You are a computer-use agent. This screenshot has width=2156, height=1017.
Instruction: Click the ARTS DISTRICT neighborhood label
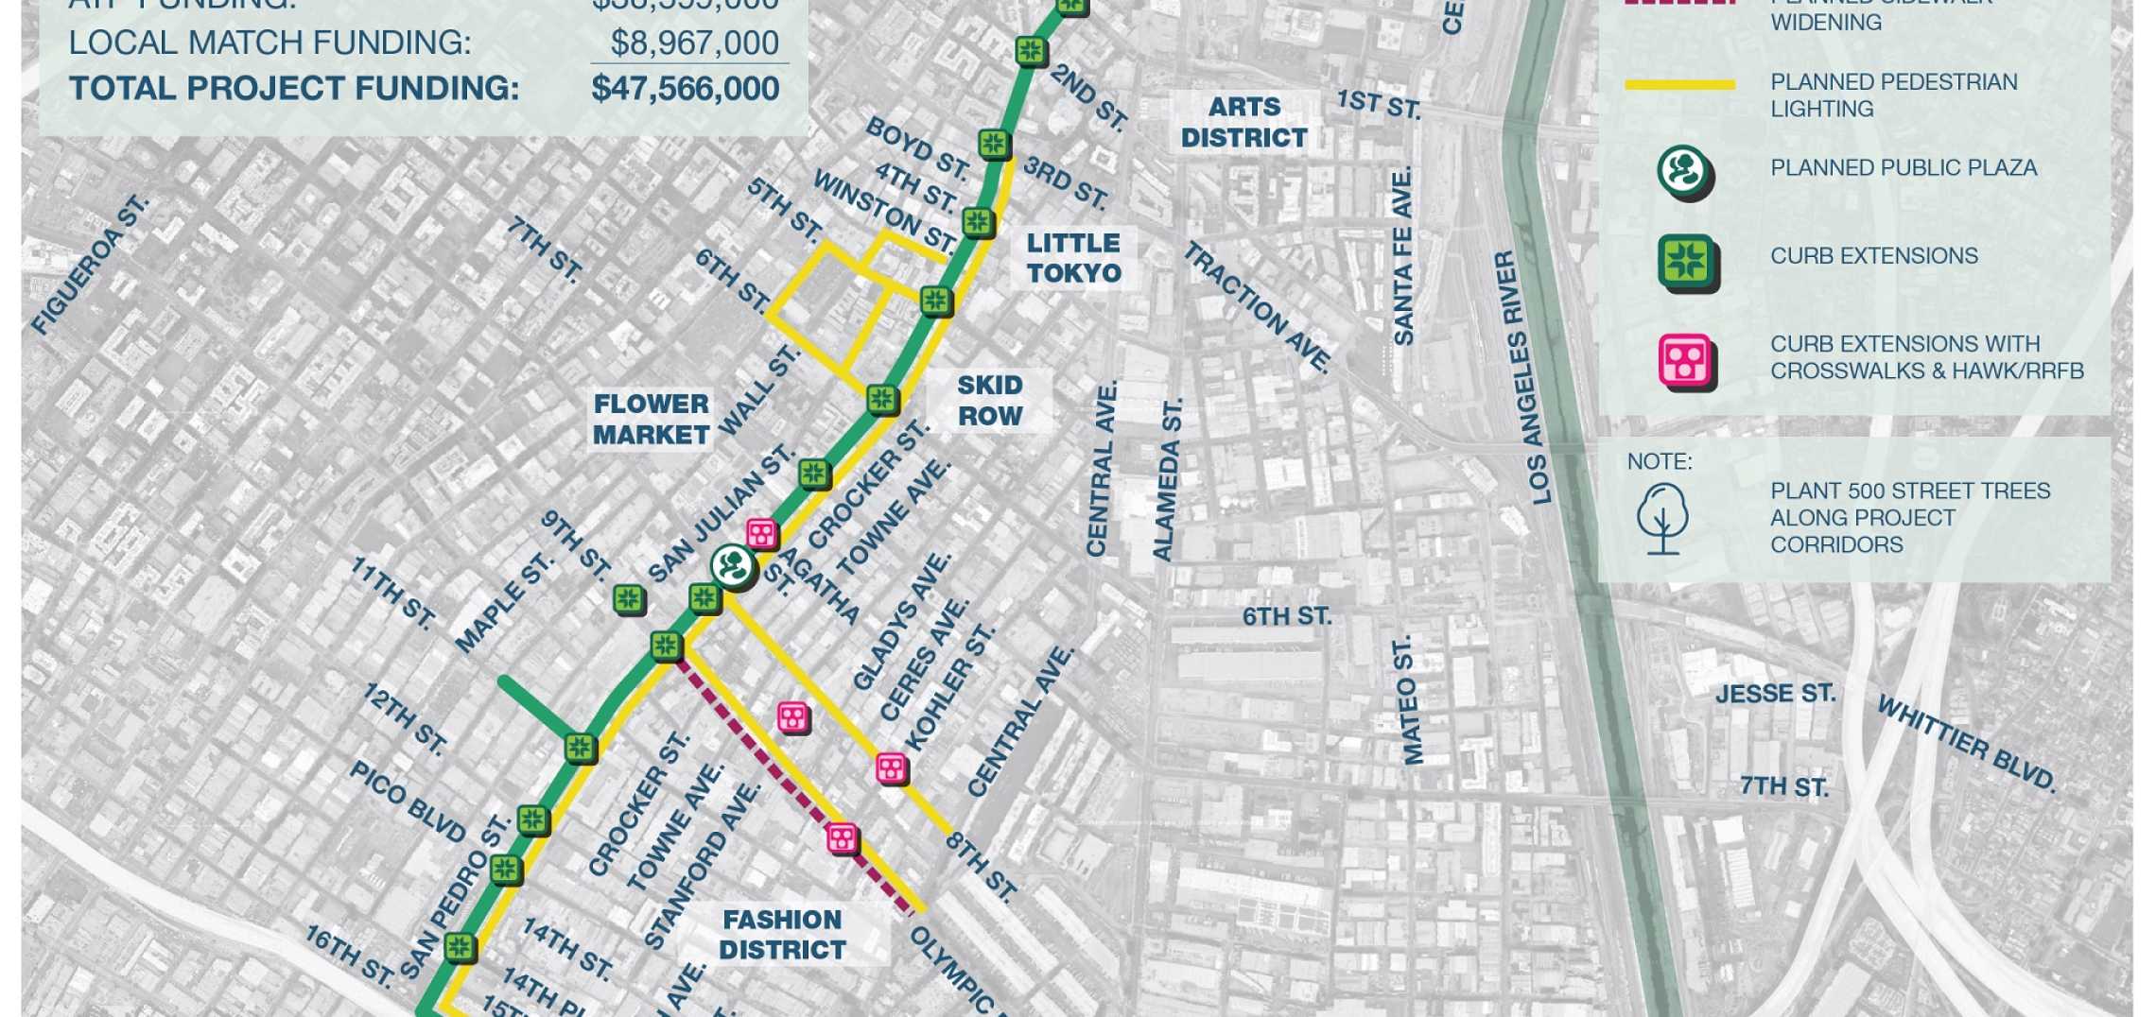pos(1243,123)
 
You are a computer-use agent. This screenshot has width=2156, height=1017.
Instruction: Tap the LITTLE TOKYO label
pos(1073,258)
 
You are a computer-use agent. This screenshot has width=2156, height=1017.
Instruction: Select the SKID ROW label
pos(989,401)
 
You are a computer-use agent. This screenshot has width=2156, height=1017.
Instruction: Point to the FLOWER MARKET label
pos(651,420)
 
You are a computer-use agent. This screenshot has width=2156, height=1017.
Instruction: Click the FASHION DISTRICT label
pos(782,935)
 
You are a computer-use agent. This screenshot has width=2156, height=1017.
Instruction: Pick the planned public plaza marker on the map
pos(733,566)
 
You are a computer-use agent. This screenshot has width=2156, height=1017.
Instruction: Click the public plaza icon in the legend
pos(1684,172)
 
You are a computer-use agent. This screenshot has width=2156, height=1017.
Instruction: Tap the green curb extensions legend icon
pos(1686,261)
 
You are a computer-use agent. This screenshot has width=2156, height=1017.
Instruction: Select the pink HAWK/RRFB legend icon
pos(1685,360)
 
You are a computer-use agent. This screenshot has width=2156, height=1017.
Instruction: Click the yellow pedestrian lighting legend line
pos(1679,85)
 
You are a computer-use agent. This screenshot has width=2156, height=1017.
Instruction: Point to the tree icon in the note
pos(1661,518)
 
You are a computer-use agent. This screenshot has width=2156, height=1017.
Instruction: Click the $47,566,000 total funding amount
pos(685,89)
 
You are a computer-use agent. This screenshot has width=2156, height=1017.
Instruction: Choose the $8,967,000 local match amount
pos(694,43)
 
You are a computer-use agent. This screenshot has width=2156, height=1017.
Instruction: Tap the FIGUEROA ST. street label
pos(91,265)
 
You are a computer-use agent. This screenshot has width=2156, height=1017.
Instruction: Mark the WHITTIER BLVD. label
pos(1966,744)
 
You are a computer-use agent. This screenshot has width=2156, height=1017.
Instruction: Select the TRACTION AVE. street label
pos(1257,306)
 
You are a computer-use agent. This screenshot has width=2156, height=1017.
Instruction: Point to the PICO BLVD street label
pos(408,801)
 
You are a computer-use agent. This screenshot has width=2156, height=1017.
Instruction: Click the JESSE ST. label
pos(1775,694)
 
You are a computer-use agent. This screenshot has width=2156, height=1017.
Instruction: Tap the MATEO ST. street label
pos(1408,700)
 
